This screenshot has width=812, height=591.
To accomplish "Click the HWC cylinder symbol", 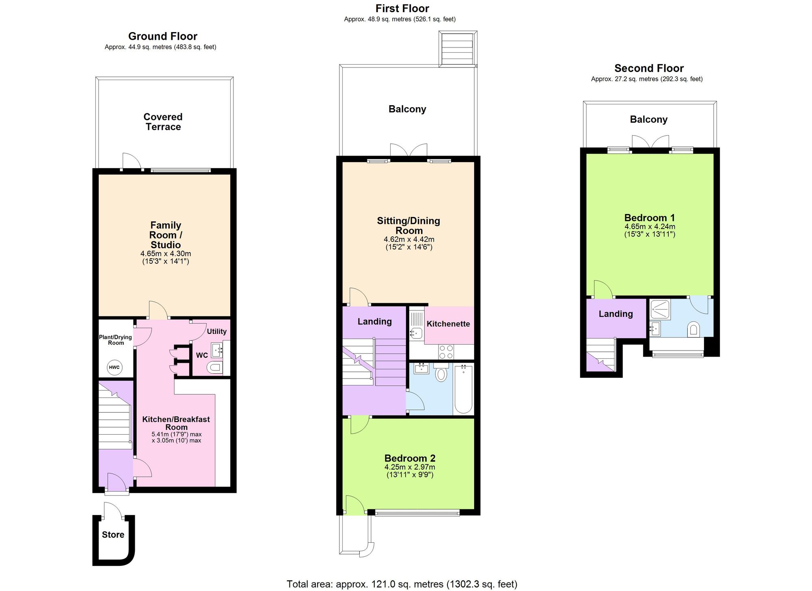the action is [114, 368].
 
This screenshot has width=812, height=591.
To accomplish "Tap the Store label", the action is [113, 535].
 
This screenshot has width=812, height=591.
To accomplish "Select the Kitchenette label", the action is [448, 324].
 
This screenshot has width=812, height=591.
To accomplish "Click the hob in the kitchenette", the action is [446, 352].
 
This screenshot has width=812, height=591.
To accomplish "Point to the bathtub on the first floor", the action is [463, 389].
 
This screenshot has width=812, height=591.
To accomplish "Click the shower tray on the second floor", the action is [660, 309].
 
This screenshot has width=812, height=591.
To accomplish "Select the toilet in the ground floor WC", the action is [214, 368].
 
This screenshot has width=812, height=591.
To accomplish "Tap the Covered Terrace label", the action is [163, 122].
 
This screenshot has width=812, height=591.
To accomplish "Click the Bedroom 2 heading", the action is [410, 458].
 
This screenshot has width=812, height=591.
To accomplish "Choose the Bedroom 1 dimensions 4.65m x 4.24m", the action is [650, 227].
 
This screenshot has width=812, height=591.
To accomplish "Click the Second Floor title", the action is [649, 68].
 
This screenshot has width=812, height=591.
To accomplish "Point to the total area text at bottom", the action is [402, 584].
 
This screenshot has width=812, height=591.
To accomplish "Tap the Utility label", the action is [217, 331].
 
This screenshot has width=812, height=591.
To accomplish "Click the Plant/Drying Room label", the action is [116, 340].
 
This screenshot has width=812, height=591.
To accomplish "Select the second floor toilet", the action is [693, 329].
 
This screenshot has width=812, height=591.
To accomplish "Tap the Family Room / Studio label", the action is [166, 235].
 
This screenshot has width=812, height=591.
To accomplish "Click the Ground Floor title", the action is [163, 36].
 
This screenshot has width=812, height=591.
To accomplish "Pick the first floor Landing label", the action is [375, 322].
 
